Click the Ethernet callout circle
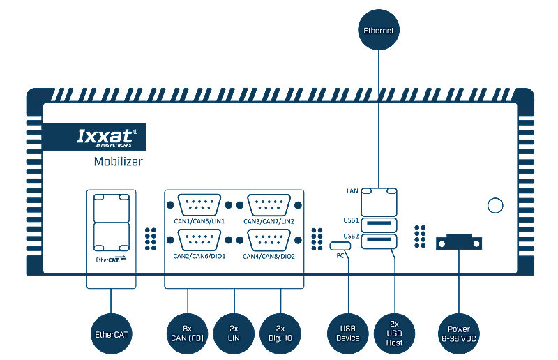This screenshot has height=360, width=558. tap(379, 30)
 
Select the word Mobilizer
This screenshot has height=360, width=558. tap(118, 162)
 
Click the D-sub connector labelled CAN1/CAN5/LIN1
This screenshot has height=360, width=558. tap(201, 205)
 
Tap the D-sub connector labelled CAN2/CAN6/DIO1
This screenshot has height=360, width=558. tap(201, 240)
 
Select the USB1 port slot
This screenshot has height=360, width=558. tap(379, 225)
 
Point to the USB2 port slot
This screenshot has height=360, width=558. tap(379, 241)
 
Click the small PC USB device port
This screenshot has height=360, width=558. tap(340, 246)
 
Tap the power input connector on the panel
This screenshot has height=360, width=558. tap(459, 243)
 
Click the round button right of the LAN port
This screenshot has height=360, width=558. tap(495, 205)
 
